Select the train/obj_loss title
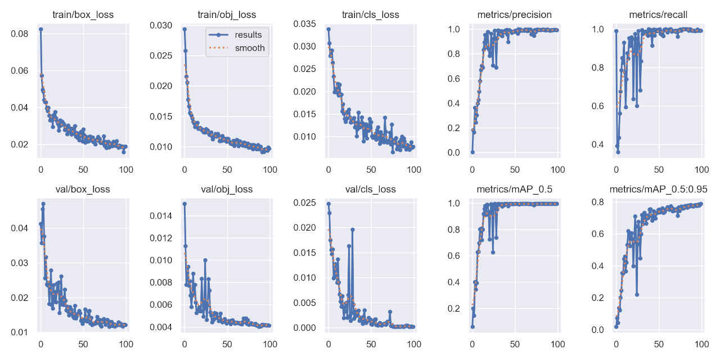[x=228, y=15]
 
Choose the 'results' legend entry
[x=248, y=35]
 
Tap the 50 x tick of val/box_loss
[x=83, y=344]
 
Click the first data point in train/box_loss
[x=40, y=29]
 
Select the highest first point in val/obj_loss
[x=184, y=204]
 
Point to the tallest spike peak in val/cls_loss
[x=353, y=229]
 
